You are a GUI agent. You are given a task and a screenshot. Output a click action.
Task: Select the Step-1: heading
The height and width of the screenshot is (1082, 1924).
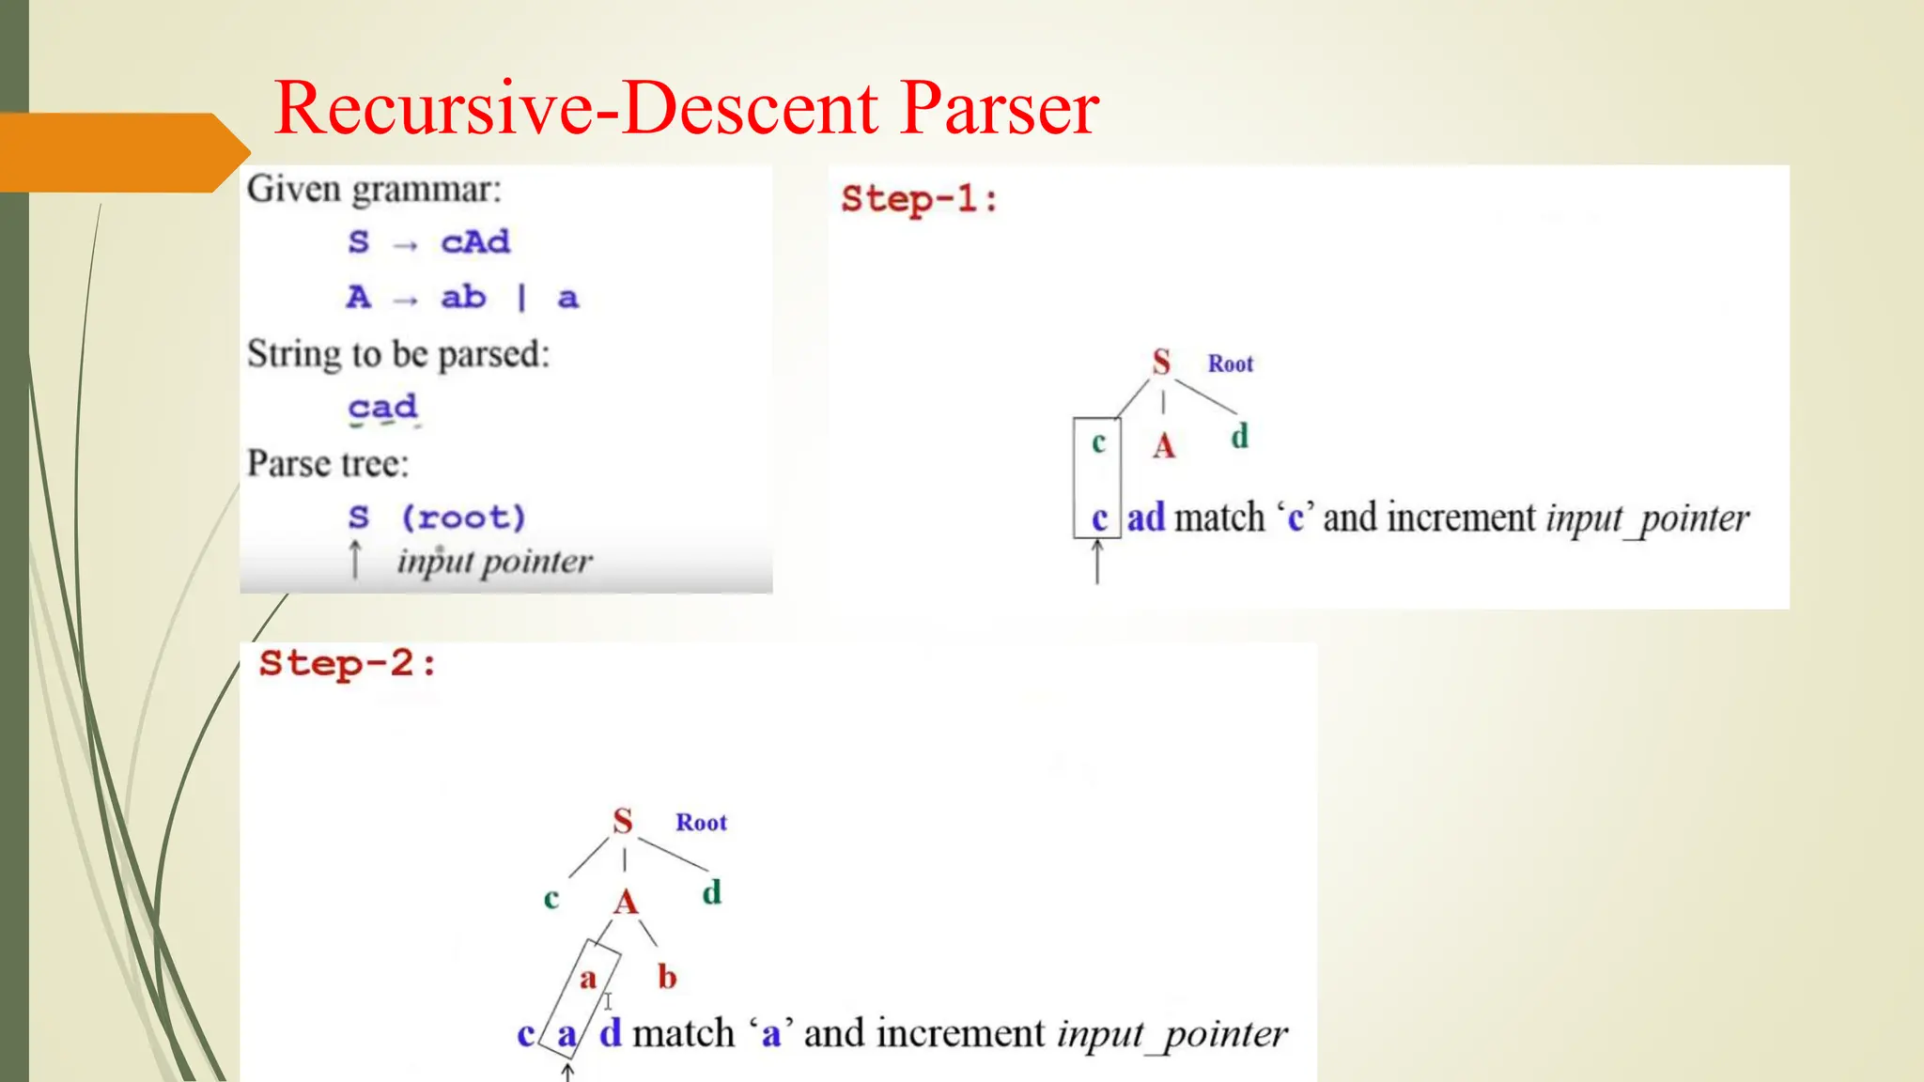click(x=919, y=199)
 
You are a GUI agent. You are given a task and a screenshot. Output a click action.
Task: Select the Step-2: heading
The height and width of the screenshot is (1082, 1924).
click(x=348, y=664)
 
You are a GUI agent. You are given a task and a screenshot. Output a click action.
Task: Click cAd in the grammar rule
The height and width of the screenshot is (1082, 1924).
click(x=475, y=242)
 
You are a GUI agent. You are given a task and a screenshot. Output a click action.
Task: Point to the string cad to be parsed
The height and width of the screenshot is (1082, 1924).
click(x=382, y=408)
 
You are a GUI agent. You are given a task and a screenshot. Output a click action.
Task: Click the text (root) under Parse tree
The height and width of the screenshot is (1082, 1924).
click(x=463, y=518)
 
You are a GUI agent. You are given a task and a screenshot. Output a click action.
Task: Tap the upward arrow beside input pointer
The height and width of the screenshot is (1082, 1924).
click(x=355, y=560)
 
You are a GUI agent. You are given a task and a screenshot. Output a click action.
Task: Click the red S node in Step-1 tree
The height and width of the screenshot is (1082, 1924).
click(x=1161, y=363)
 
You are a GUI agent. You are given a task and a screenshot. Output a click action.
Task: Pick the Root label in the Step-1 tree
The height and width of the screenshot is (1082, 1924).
click(x=1230, y=364)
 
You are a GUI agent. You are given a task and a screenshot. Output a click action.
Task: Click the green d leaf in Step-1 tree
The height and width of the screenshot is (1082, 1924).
click(x=1239, y=437)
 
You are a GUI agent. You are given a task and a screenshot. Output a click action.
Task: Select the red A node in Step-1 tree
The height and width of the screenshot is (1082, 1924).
click(x=1164, y=446)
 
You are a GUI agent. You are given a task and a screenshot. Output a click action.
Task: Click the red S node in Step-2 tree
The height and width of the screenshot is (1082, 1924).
click(x=622, y=822)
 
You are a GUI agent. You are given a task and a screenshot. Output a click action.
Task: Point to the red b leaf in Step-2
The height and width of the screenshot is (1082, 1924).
click(x=667, y=978)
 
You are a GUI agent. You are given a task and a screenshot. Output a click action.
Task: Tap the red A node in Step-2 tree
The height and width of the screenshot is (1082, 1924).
click(x=626, y=904)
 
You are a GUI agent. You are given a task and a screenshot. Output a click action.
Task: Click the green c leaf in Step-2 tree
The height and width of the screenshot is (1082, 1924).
click(x=551, y=899)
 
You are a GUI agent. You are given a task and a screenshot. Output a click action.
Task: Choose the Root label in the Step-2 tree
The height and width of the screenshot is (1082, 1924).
click(x=701, y=823)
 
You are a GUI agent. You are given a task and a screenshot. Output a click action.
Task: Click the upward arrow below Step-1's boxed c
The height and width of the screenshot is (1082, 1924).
click(x=1097, y=564)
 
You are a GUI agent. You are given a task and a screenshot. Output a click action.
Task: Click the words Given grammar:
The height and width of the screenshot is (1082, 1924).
click(x=374, y=190)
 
